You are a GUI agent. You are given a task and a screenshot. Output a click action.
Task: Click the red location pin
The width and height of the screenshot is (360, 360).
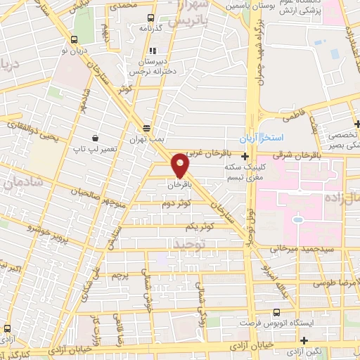(181, 165)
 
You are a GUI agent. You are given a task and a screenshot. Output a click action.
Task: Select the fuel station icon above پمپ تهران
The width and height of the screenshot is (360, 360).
(146, 128)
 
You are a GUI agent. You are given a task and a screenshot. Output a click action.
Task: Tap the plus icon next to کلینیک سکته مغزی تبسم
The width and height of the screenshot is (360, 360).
(245, 156)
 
